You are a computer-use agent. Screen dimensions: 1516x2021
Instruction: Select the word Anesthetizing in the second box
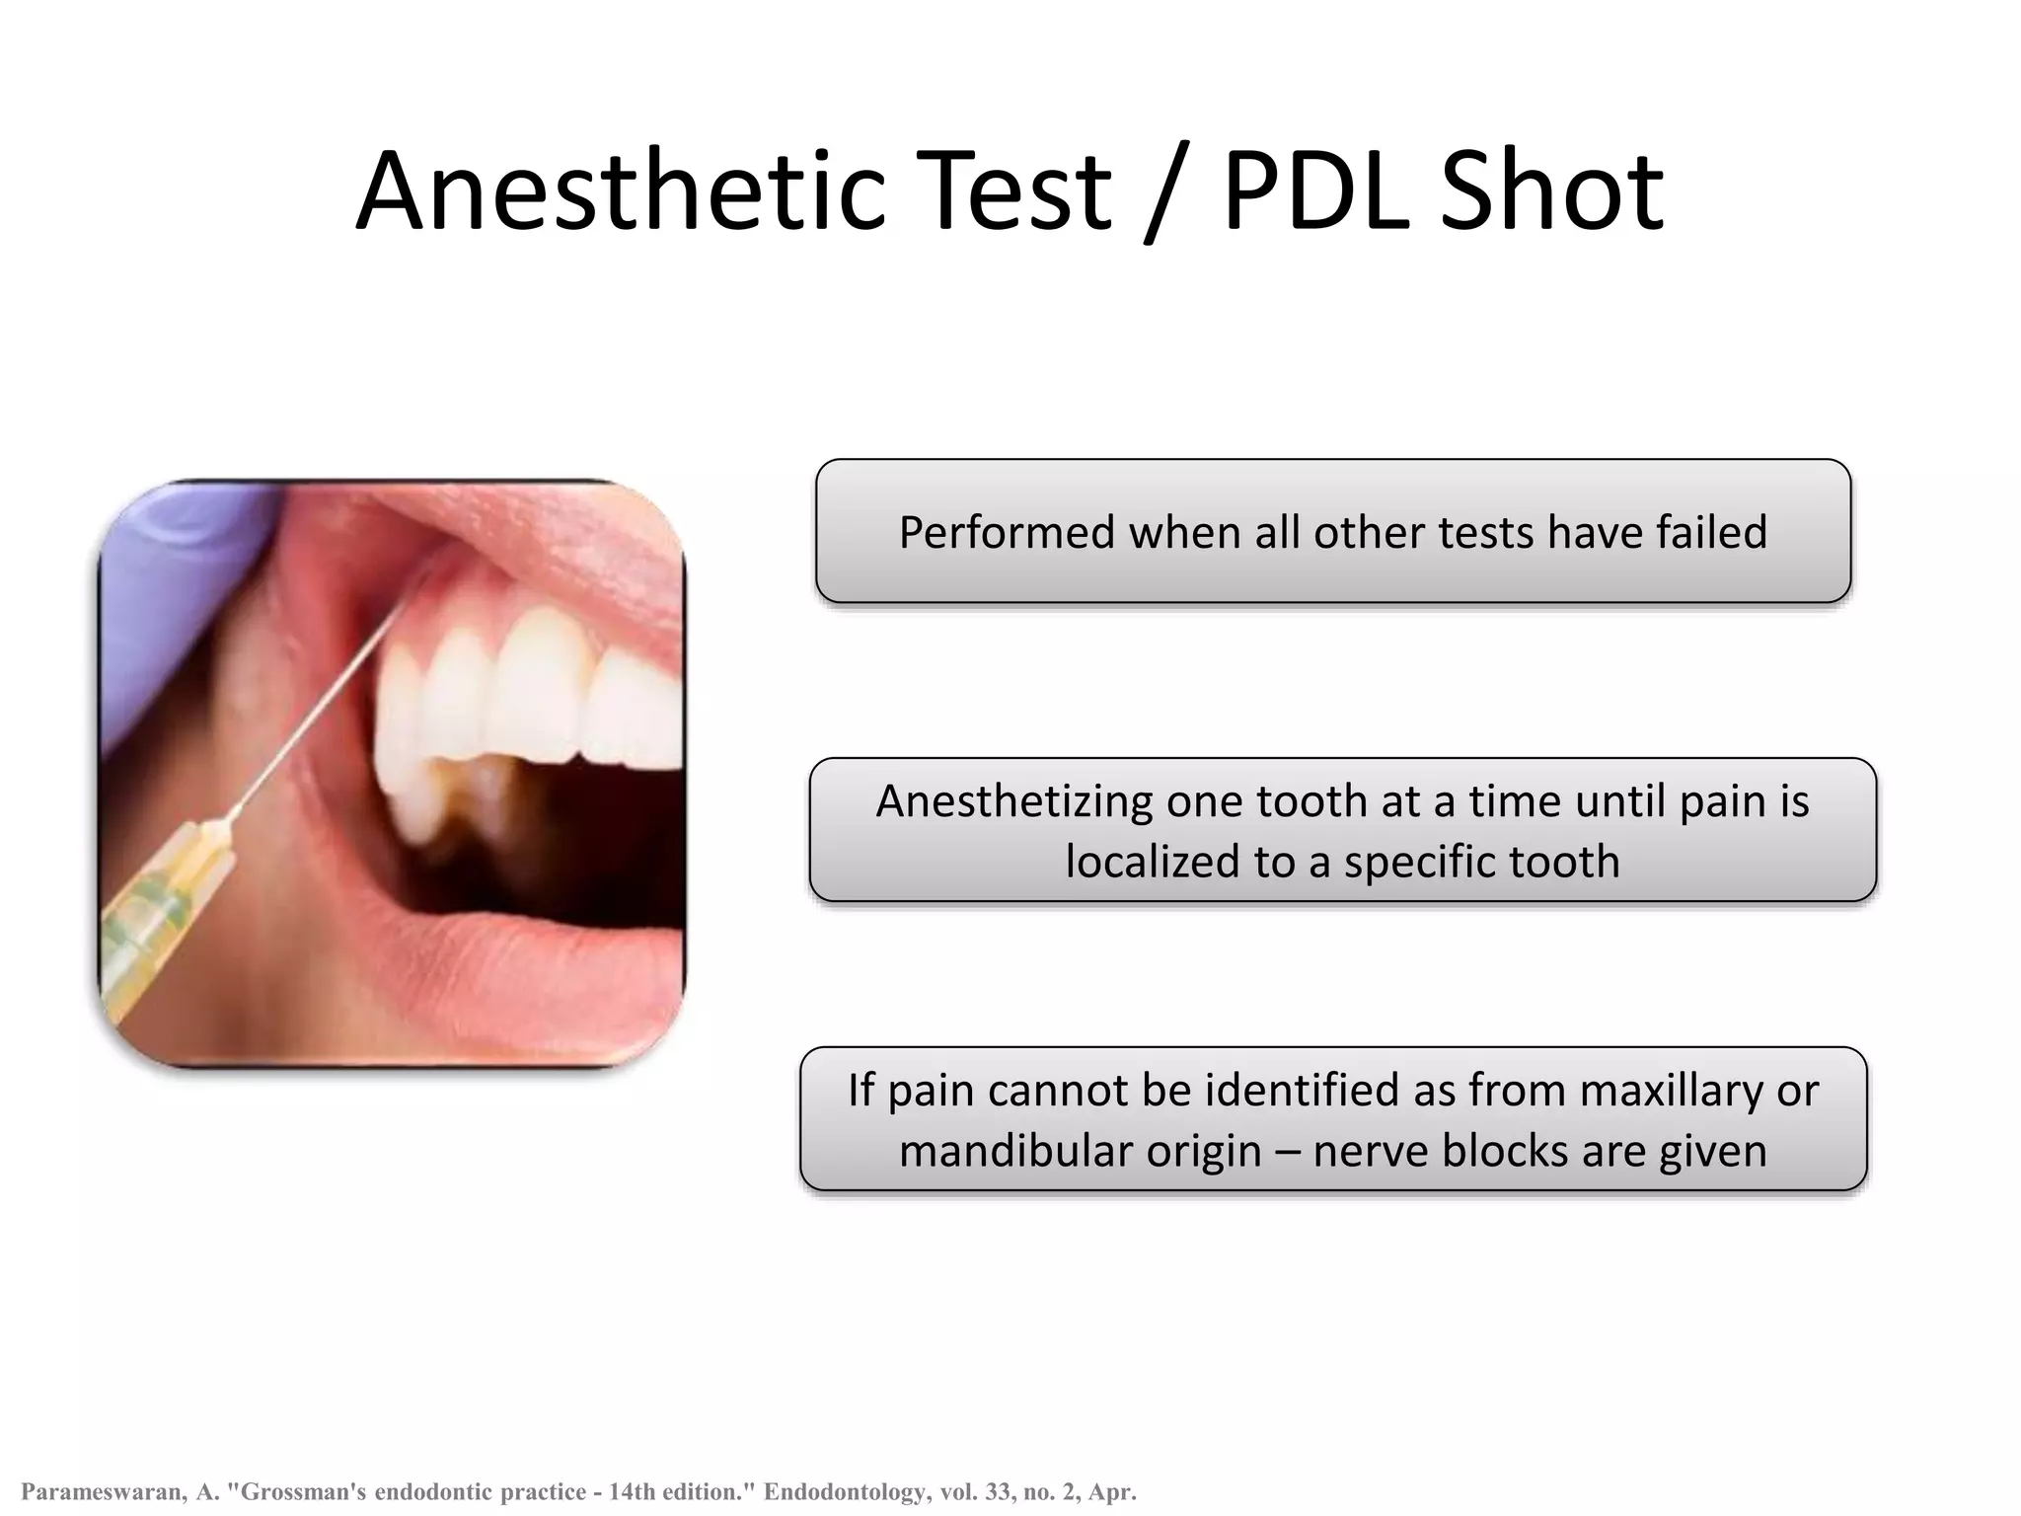1013,801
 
